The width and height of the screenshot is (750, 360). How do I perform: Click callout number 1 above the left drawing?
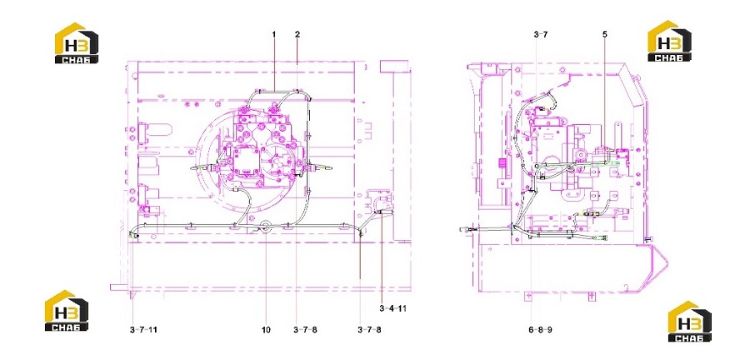(274, 34)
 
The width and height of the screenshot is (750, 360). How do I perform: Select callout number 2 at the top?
(297, 34)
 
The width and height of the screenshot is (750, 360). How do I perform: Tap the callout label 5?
(605, 34)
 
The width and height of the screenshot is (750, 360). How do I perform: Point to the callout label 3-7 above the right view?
(541, 34)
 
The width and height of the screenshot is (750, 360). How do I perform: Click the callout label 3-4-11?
(393, 308)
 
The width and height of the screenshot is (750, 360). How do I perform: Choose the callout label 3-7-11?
(143, 330)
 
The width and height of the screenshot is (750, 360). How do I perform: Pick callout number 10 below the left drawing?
(266, 330)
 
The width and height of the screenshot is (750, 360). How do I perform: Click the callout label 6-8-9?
(541, 330)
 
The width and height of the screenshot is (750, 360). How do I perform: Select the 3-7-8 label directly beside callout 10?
(305, 330)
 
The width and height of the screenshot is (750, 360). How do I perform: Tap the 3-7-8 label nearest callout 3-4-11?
(369, 330)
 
